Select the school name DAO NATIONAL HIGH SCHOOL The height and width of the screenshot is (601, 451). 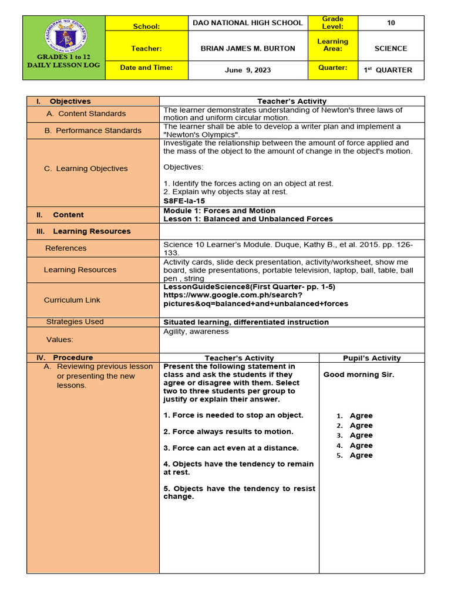(248, 23)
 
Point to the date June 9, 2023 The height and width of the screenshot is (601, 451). (248, 70)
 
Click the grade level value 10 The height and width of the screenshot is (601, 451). (391, 23)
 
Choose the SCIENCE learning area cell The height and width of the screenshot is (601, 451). (391, 48)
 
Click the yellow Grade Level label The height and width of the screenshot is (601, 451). (332, 23)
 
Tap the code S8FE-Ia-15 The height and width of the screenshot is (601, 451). (185, 200)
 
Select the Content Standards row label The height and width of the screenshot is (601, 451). (92, 113)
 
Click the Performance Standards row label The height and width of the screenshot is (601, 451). (93, 130)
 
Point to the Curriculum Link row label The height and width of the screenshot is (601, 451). (72, 300)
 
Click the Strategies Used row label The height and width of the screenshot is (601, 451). (75, 322)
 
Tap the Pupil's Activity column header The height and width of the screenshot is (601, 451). (372, 358)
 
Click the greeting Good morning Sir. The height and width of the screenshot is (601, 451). (359, 374)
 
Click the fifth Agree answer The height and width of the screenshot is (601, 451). (361, 455)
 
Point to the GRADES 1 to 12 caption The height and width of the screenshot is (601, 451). (63, 57)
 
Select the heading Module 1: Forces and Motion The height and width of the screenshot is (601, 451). (219, 211)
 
